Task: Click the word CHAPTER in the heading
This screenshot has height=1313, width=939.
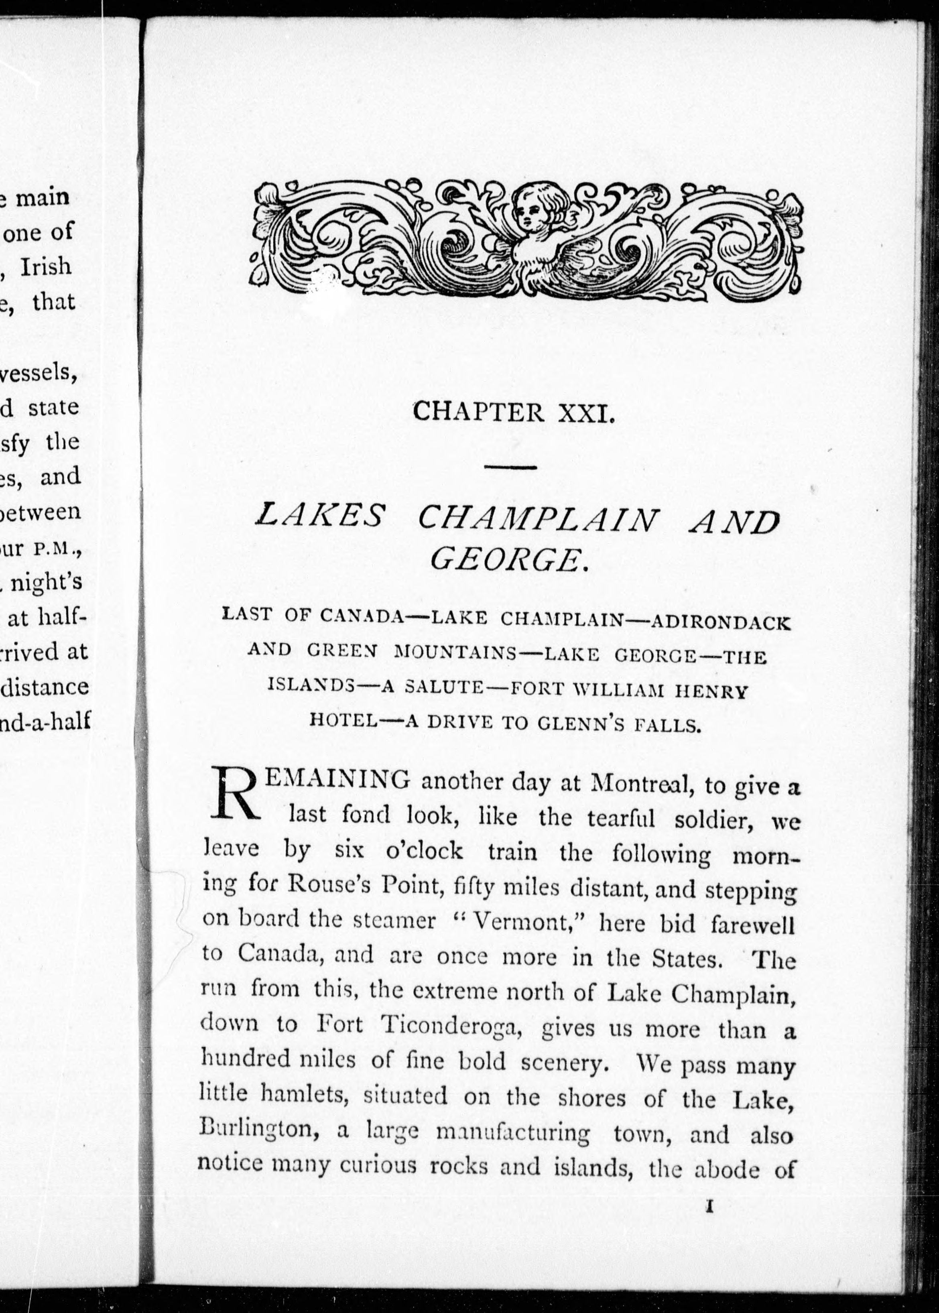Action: (x=479, y=412)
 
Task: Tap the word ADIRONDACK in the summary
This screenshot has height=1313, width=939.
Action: (x=720, y=623)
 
